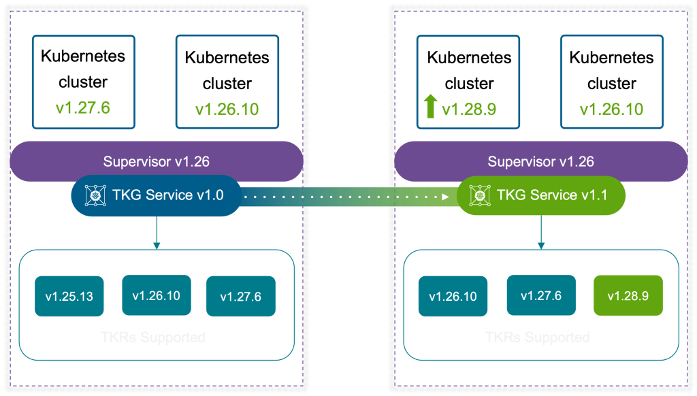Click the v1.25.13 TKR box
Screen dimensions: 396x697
(69, 297)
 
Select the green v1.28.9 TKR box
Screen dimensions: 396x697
(628, 296)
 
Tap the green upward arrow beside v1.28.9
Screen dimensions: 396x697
(430, 108)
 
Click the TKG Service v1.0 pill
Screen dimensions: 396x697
(157, 196)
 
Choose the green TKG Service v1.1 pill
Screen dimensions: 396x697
(541, 196)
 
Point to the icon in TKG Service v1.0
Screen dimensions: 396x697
(94, 196)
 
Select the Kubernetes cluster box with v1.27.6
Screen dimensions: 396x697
(83, 82)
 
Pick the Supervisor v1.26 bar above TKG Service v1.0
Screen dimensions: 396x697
(157, 162)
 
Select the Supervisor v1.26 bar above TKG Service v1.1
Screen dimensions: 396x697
(541, 162)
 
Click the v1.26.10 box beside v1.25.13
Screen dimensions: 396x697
(156, 295)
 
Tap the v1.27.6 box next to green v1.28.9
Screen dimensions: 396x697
(541, 295)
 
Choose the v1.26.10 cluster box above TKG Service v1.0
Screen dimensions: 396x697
(227, 82)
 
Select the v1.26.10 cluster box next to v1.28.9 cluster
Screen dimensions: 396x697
(611, 82)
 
